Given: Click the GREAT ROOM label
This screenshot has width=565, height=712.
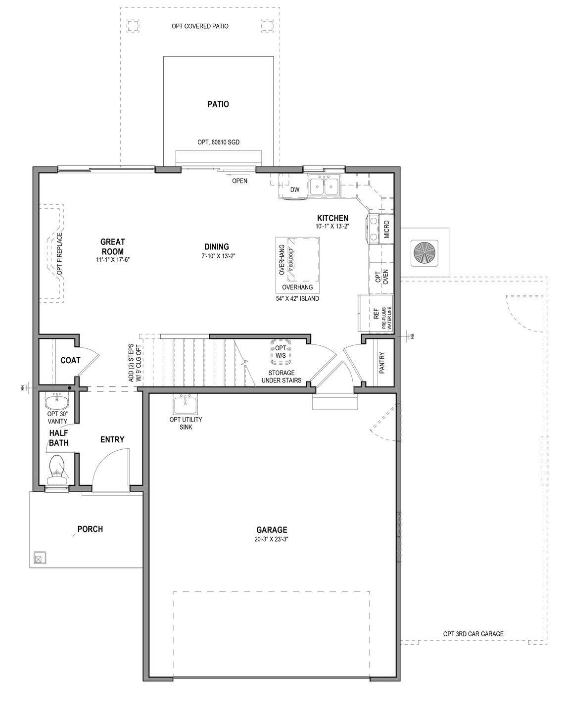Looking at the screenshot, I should pos(113,246).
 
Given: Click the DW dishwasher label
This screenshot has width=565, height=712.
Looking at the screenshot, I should pos(295,190).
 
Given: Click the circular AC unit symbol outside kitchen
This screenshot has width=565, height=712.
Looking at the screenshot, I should pos(424,252).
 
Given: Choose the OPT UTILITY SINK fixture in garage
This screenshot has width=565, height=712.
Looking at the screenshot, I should pos(186,405).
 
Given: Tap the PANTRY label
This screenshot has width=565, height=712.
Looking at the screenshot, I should pos(381,362).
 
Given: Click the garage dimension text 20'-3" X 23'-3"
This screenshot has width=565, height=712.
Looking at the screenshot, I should pos(272,539).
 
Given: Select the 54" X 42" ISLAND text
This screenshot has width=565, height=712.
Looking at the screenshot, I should pos(297,299).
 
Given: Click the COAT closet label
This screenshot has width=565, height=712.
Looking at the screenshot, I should pos(70,360).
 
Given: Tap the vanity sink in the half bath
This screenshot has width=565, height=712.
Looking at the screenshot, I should pos(58,399).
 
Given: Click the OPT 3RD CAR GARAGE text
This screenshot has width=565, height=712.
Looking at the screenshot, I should pos(473,634).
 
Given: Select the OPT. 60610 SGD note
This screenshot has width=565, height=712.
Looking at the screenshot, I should pos(218,142).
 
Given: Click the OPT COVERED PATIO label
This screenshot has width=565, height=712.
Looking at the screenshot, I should pos(200,26).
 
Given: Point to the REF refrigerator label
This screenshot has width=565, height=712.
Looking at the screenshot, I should pos(376,313).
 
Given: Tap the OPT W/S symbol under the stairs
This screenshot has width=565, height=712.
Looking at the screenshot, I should pos(281,352).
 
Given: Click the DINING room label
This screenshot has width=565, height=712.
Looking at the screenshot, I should pos(217,246).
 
